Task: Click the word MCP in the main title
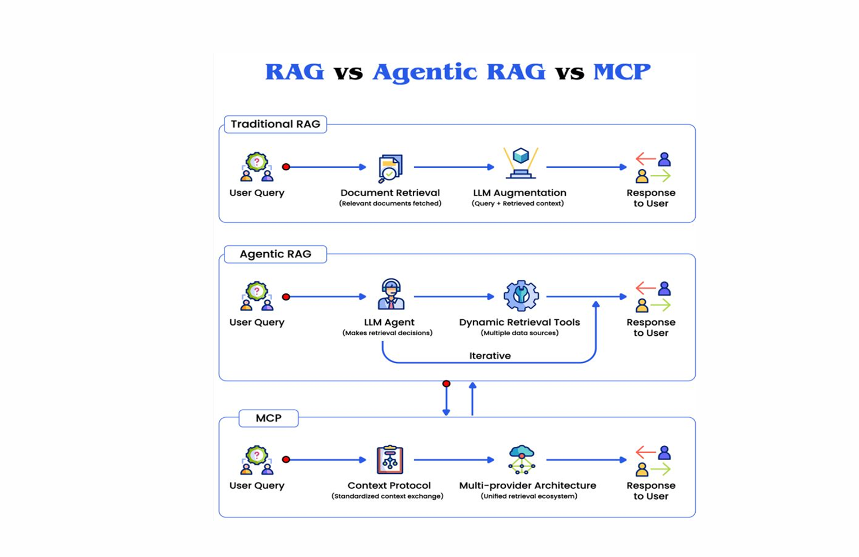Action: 621,72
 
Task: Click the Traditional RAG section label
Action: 275,124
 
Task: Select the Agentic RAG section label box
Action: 275,254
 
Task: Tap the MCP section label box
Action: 268,418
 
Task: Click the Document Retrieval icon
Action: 390,168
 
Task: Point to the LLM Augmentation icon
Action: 520,163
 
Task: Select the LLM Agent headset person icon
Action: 391,295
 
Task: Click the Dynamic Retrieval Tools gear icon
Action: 521,296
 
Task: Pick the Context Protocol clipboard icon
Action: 390,460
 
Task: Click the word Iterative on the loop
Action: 490,356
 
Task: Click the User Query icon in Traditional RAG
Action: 257,167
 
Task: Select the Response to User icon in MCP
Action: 652,461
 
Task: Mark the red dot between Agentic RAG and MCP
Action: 446,383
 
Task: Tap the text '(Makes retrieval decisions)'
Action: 387,333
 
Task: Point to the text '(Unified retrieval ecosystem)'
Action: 529,496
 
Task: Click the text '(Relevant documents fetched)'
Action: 390,203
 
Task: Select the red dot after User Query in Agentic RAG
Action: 286,297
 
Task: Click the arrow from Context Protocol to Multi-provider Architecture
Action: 454,460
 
